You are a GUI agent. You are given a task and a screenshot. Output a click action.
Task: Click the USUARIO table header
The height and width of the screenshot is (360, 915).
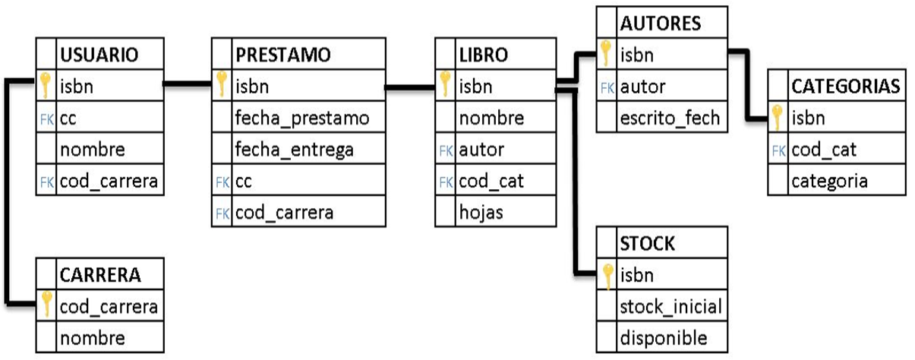[x=99, y=55]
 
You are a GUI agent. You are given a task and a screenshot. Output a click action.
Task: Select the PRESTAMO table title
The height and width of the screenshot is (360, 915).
[x=282, y=55]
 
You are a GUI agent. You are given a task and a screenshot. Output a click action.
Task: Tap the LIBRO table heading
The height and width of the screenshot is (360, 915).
[x=483, y=55]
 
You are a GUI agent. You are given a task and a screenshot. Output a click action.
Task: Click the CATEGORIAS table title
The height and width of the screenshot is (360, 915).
[x=845, y=86]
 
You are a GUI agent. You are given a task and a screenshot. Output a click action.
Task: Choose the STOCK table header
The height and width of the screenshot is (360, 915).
[x=647, y=243]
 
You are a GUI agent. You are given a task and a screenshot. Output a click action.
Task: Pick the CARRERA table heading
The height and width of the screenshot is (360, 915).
[x=99, y=274]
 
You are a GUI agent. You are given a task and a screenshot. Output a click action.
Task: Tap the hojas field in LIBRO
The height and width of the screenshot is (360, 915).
[x=481, y=213]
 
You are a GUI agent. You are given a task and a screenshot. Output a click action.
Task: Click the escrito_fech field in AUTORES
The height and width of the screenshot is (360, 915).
[x=668, y=118]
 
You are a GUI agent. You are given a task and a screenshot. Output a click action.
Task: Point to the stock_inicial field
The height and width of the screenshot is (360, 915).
[x=670, y=306]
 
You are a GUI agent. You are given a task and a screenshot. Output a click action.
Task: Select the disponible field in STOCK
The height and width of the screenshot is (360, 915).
[x=663, y=338]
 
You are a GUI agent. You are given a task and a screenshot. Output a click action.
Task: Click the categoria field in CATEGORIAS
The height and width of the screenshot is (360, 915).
[x=829, y=181]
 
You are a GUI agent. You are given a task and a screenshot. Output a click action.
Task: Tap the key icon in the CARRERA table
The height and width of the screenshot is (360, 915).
[x=46, y=305]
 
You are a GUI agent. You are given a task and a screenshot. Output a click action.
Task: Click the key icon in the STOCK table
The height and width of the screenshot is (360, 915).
[x=607, y=276]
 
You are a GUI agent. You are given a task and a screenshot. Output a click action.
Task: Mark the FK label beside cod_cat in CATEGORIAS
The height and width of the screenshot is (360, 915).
[x=778, y=150]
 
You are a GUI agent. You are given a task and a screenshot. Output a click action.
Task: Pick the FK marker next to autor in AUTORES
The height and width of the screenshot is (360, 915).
[x=607, y=87]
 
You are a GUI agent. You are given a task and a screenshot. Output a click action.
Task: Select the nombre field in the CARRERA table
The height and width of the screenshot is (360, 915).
[x=92, y=337]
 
